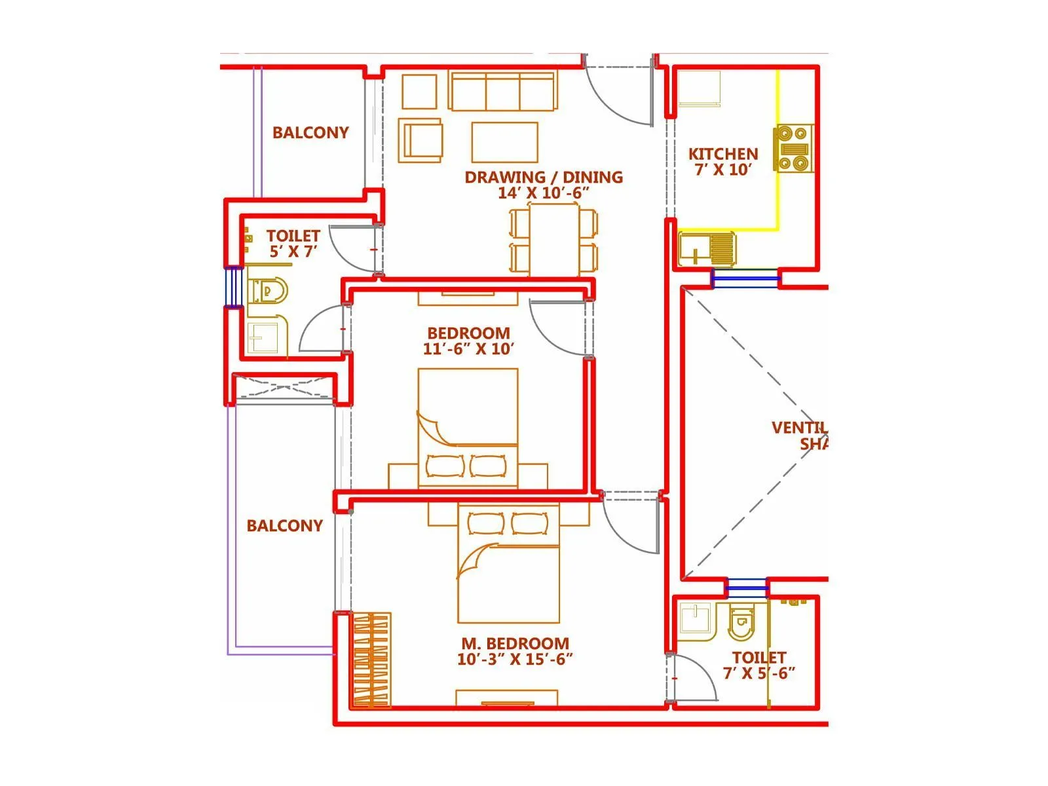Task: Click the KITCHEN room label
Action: (723, 154)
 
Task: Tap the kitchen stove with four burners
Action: (794, 149)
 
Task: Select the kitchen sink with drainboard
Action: (707, 249)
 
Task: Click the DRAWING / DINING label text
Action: (544, 177)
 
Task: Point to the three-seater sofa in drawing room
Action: (503, 92)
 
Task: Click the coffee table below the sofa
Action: (504, 141)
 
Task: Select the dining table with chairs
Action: (553, 240)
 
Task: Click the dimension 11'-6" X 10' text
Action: (468, 349)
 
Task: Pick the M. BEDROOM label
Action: (515, 643)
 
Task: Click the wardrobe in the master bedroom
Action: (371, 660)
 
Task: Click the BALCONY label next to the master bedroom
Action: (284, 525)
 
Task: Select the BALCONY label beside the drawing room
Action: (310, 132)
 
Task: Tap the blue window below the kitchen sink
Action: (745, 279)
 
